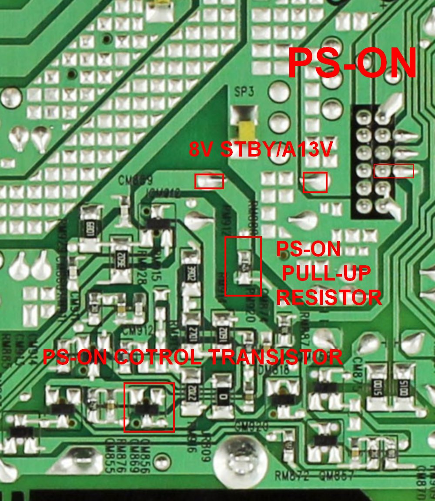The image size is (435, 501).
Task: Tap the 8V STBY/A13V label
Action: click(x=261, y=150)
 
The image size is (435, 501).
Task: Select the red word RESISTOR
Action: click(x=329, y=298)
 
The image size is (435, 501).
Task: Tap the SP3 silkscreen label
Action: click(x=244, y=92)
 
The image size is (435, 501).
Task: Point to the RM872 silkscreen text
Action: click(x=291, y=476)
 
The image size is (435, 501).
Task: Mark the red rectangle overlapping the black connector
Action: click(x=394, y=171)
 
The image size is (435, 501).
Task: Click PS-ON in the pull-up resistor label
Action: click(x=309, y=249)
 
